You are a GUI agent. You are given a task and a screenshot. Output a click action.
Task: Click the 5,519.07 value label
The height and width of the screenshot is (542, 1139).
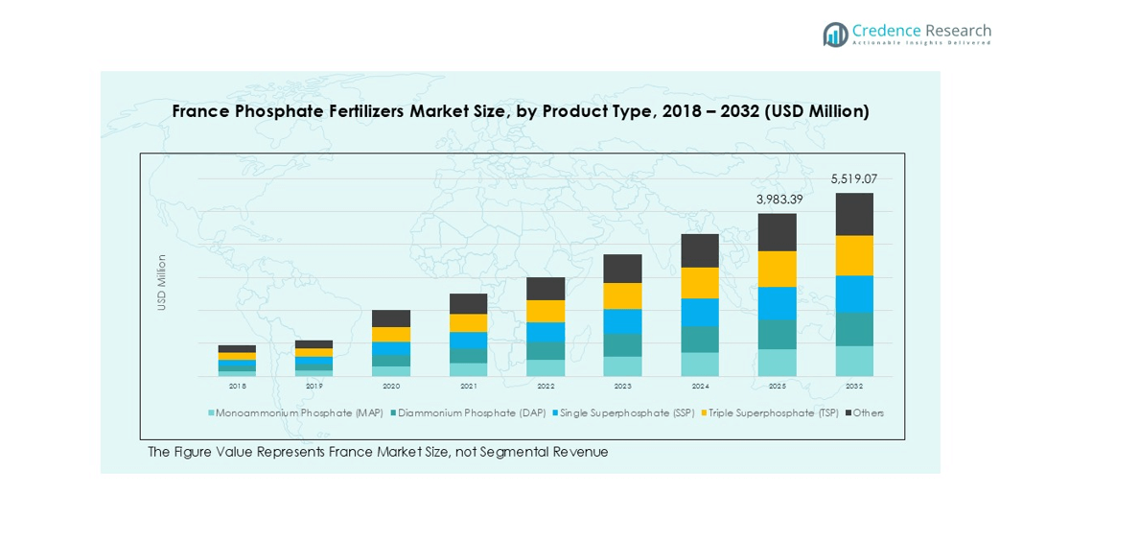pyautogui.click(x=853, y=178)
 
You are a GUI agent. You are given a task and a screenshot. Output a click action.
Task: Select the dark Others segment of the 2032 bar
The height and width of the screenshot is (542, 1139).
pyautogui.click(x=853, y=214)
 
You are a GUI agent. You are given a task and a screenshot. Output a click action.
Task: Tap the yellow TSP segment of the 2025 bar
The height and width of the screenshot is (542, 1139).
pyautogui.click(x=777, y=269)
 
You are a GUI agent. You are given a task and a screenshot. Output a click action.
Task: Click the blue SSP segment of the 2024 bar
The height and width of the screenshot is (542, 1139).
pyautogui.click(x=700, y=312)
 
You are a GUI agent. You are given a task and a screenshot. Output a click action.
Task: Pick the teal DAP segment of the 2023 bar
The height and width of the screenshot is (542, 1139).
pyautogui.click(x=622, y=345)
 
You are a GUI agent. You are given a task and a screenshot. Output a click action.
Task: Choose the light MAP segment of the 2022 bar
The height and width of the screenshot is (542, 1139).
pyautogui.click(x=546, y=367)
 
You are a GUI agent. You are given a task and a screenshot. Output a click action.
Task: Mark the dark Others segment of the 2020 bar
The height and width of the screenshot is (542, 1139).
pyautogui.click(x=391, y=318)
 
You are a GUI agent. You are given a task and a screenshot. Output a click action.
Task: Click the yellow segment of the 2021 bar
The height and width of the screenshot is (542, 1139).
pyautogui.click(x=468, y=323)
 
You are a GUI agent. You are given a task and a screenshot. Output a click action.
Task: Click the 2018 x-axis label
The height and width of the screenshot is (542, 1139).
pyautogui.click(x=237, y=386)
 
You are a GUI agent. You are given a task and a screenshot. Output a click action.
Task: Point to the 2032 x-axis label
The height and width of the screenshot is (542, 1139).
pyautogui.click(x=853, y=386)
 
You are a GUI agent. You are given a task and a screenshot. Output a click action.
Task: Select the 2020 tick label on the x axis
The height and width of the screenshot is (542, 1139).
pyautogui.click(x=391, y=386)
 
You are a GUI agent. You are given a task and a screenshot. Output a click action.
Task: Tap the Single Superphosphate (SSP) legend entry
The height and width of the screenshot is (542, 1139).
pyautogui.click(x=626, y=413)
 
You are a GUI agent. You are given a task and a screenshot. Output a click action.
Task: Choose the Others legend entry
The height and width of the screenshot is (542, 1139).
pyautogui.click(x=868, y=413)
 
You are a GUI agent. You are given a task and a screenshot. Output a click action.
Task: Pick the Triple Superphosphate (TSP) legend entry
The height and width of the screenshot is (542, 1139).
pyautogui.click(x=773, y=413)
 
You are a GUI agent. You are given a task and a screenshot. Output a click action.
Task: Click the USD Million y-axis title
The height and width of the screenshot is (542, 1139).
pyautogui.click(x=162, y=282)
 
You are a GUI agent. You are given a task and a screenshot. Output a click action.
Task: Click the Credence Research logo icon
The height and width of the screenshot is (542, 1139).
pyautogui.click(x=835, y=35)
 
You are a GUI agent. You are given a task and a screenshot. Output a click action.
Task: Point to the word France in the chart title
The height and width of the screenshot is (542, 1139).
pyautogui.click(x=199, y=111)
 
